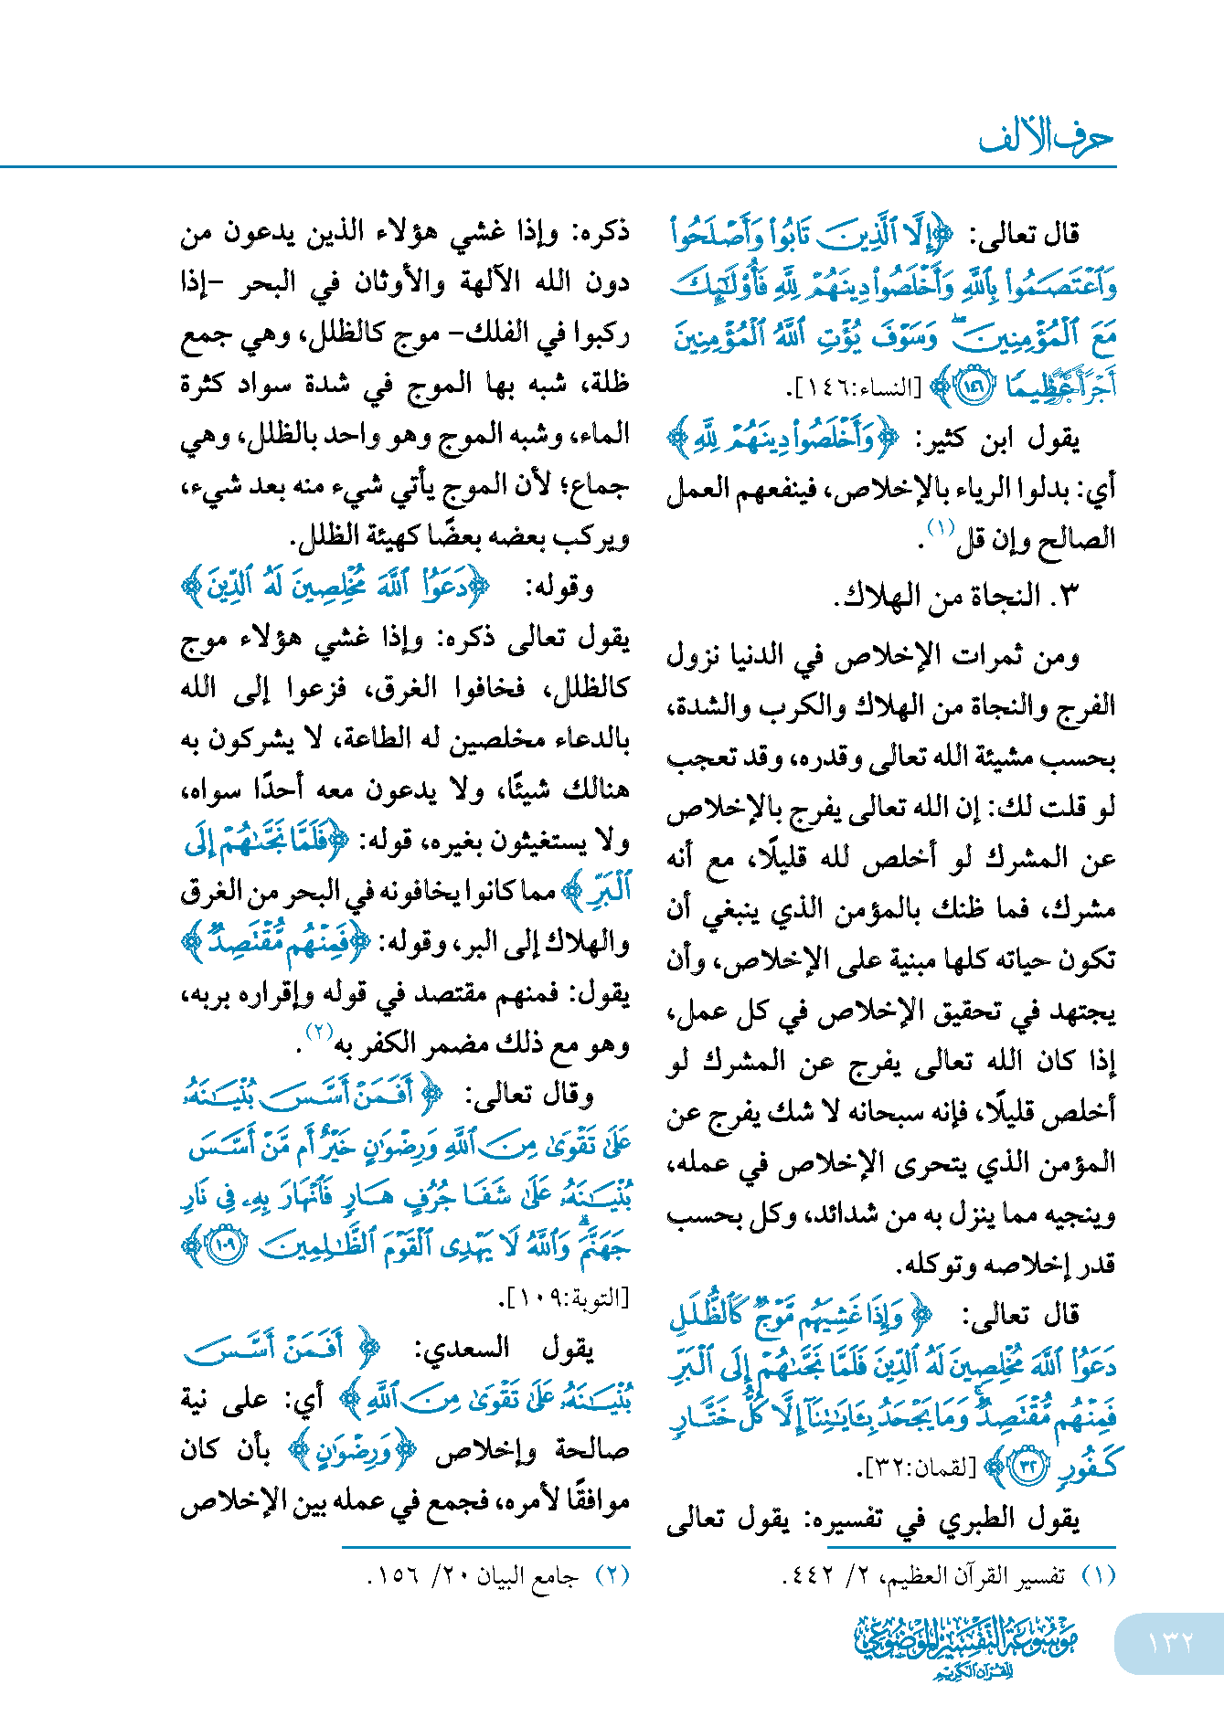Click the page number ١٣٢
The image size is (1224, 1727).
tap(1170, 1641)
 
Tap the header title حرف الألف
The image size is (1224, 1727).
tap(1046, 138)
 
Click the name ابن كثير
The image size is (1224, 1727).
tap(1002, 440)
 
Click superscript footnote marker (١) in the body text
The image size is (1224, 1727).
tap(941, 527)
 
